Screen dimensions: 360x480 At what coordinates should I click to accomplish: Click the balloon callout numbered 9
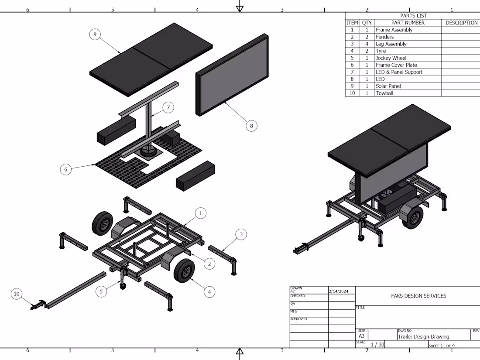click(95, 35)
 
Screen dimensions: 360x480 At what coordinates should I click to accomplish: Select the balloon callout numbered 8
click(251, 126)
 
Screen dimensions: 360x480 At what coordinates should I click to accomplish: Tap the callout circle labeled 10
click(17, 294)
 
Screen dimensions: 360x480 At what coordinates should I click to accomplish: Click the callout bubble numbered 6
click(65, 169)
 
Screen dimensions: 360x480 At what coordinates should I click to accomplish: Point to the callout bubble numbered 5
click(101, 291)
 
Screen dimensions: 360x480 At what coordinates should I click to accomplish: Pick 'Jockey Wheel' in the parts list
click(391, 58)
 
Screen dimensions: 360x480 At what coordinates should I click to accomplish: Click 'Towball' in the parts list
click(384, 93)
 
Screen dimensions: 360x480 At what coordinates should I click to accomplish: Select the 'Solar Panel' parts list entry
click(388, 86)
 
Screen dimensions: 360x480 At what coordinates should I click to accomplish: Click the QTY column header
click(367, 23)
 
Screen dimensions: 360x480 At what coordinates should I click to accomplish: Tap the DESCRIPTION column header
click(461, 23)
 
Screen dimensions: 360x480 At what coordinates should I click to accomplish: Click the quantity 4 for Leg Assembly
click(367, 44)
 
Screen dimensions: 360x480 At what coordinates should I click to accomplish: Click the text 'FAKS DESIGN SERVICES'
click(418, 296)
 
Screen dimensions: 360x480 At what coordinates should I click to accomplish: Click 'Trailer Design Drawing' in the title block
click(424, 336)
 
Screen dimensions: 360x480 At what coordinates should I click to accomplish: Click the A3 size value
click(362, 336)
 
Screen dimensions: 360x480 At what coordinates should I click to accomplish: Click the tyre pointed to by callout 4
click(185, 271)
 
